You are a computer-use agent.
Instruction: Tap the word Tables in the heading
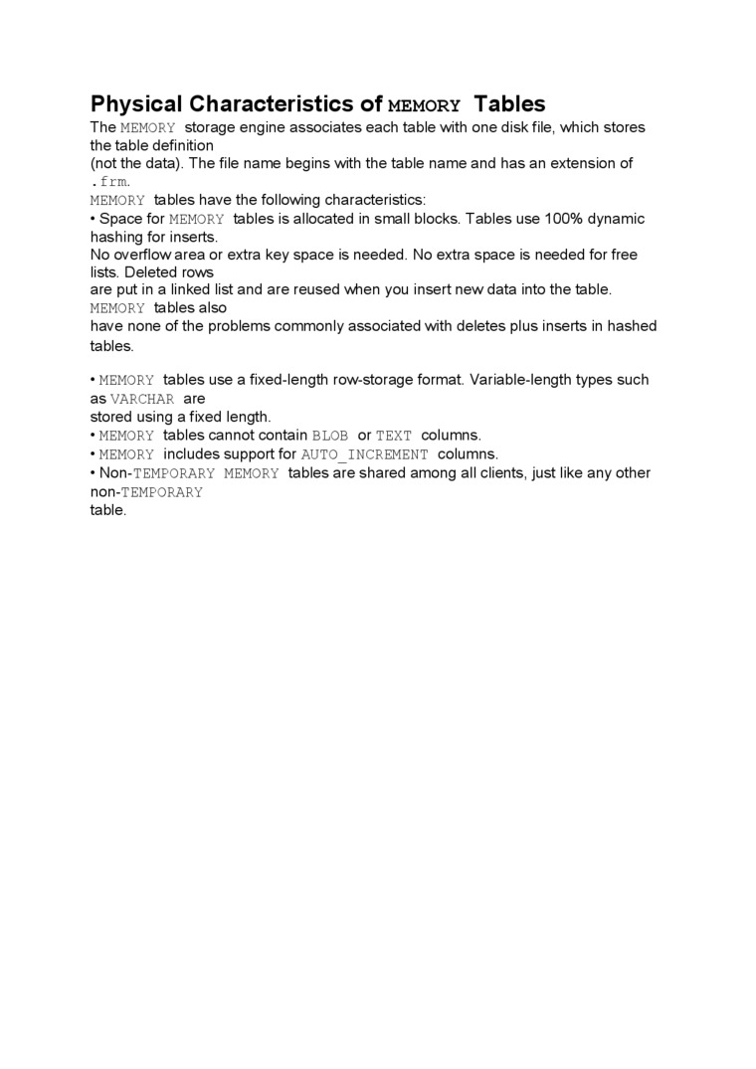point(509,104)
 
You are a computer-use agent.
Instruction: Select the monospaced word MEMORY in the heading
point(424,105)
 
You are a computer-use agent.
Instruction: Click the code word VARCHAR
point(142,399)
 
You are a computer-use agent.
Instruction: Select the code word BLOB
point(330,436)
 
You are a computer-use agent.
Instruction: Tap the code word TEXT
point(394,436)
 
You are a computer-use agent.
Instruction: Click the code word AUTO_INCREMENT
point(365,454)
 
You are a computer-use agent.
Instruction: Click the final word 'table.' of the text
point(108,510)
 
